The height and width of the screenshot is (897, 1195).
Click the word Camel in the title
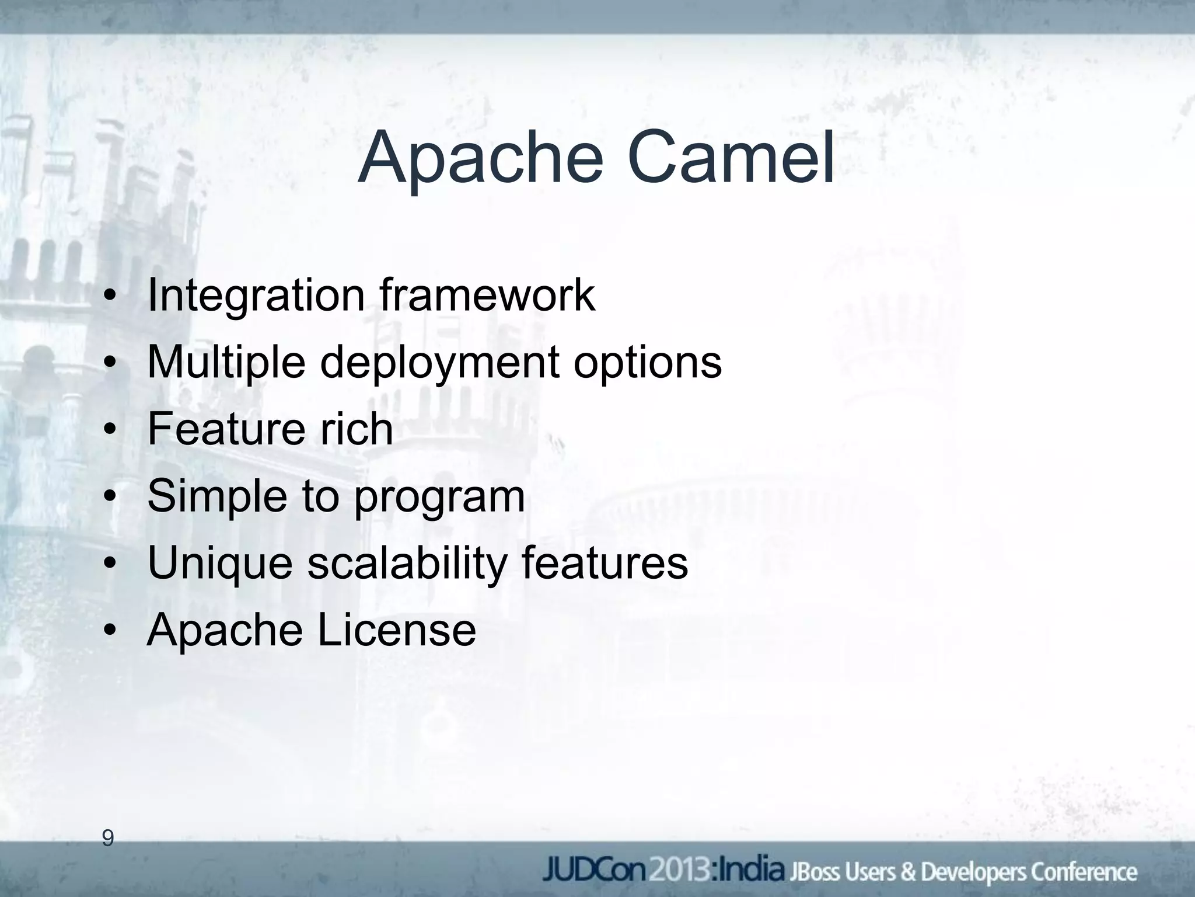[x=731, y=158]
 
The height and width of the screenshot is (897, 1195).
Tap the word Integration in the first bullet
[x=256, y=295]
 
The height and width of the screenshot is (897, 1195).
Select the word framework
[x=487, y=295]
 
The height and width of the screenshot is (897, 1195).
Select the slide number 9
[x=107, y=839]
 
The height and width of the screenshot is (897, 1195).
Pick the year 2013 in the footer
[x=677, y=871]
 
